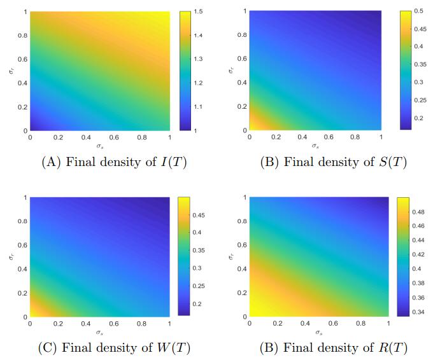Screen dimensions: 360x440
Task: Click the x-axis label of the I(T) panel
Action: pos(99,146)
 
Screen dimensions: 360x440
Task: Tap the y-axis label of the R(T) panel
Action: pos(231,256)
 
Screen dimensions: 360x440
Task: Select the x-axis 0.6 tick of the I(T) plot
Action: pos(113,137)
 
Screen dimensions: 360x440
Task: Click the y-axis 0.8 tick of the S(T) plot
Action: pos(243,34)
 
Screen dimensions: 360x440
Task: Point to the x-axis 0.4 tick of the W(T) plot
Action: pos(85,323)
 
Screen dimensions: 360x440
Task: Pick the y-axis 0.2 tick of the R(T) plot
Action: pos(243,293)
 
